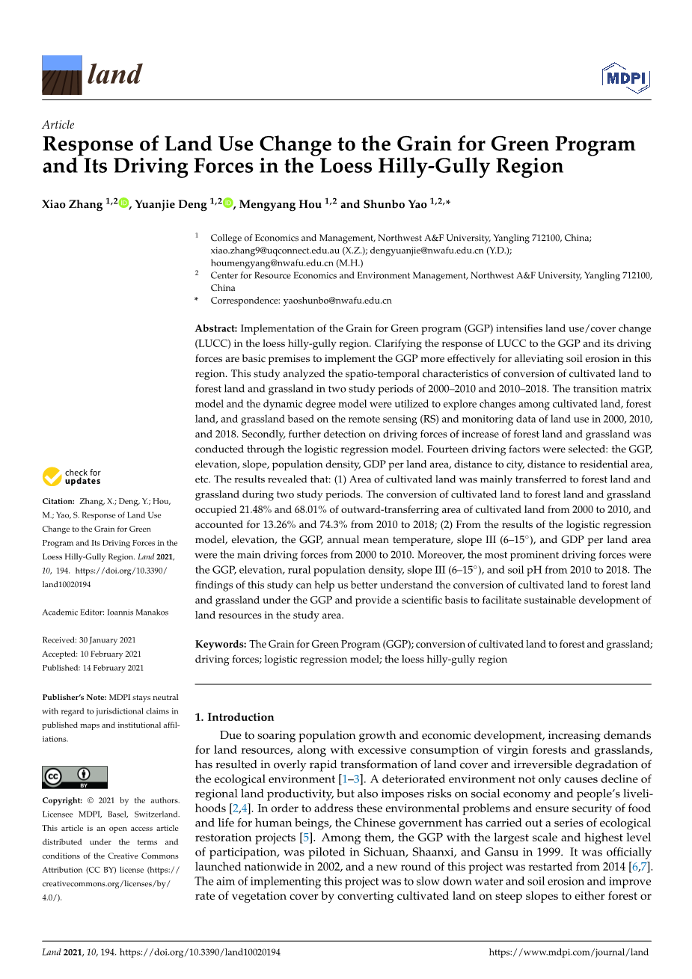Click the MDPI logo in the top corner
click(x=625, y=79)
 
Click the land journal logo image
click(x=62, y=75)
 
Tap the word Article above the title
click(x=58, y=125)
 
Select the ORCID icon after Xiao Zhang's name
click(x=124, y=203)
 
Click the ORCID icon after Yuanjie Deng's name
click(x=228, y=203)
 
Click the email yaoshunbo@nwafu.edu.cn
click(x=337, y=301)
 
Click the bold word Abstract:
click(x=216, y=328)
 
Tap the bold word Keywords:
click(x=221, y=644)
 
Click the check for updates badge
click(x=72, y=476)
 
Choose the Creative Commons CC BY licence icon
click(x=75, y=777)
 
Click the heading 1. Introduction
click(x=234, y=716)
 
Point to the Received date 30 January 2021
click(x=108, y=640)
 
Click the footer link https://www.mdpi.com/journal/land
click(x=569, y=952)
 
